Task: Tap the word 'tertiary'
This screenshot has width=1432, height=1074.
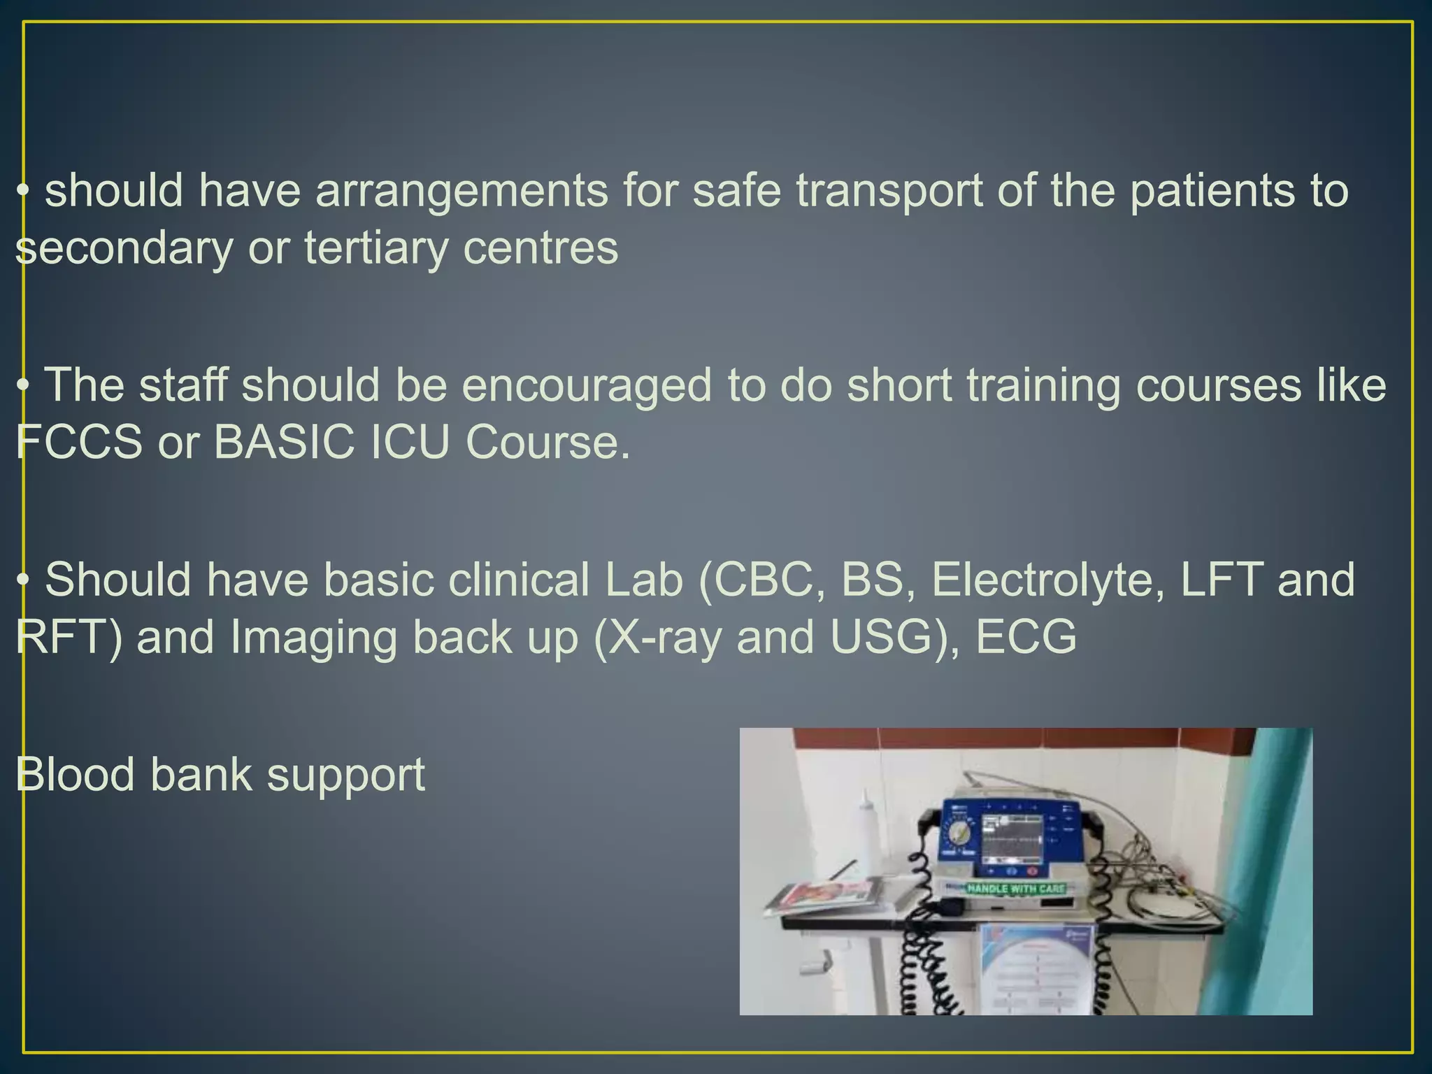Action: [x=375, y=248]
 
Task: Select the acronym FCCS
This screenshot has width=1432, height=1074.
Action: [x=78, y=442]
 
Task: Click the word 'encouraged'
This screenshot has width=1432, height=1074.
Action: [x=586, y=386]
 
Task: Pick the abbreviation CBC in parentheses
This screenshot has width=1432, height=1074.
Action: [x=768, y=580]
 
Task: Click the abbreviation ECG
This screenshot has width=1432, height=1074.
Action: [x=1025, y=637]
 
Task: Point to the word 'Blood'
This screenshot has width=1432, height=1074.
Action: [x=74, y=775]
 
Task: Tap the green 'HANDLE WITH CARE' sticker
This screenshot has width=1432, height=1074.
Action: [x=1015, y=889]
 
